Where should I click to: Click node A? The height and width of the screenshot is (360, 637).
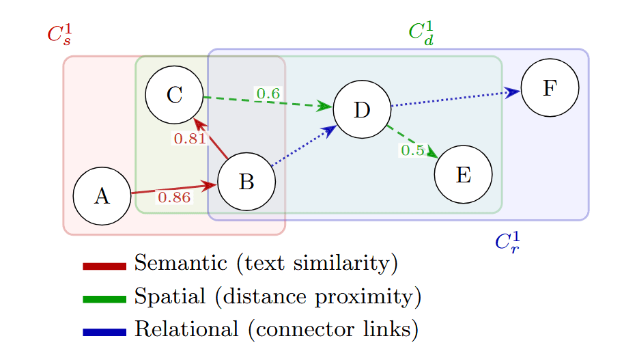coord(102,197)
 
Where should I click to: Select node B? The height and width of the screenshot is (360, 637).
coord(246,182)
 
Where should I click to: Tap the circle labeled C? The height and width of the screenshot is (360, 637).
coord(174,95)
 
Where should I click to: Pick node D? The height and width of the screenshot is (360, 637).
coord(362,109)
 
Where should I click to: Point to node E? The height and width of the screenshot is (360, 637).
coord(463,175)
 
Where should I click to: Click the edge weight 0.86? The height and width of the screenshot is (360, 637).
coord(173,198)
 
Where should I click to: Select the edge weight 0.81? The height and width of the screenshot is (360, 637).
coord(189,139)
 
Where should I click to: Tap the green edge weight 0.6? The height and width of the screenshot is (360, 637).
coord(267,93)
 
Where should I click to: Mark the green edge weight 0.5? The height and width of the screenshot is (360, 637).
coord(412,150)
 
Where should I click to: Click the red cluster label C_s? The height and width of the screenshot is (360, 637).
coord(59,34)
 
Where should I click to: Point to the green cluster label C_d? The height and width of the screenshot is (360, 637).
coord(421,32)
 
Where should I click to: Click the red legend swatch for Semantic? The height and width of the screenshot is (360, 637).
coord(104,266)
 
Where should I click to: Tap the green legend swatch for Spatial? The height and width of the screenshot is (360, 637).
coord(104,299)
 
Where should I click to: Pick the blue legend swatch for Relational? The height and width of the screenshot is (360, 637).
coord(104,332)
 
